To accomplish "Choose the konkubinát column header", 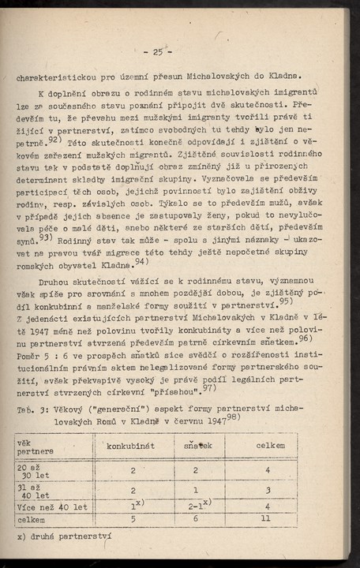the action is (131, 446).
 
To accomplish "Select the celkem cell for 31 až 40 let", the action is (268, 490).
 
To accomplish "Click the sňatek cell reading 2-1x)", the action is (198, 506).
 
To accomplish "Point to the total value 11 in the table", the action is (268, 521).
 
